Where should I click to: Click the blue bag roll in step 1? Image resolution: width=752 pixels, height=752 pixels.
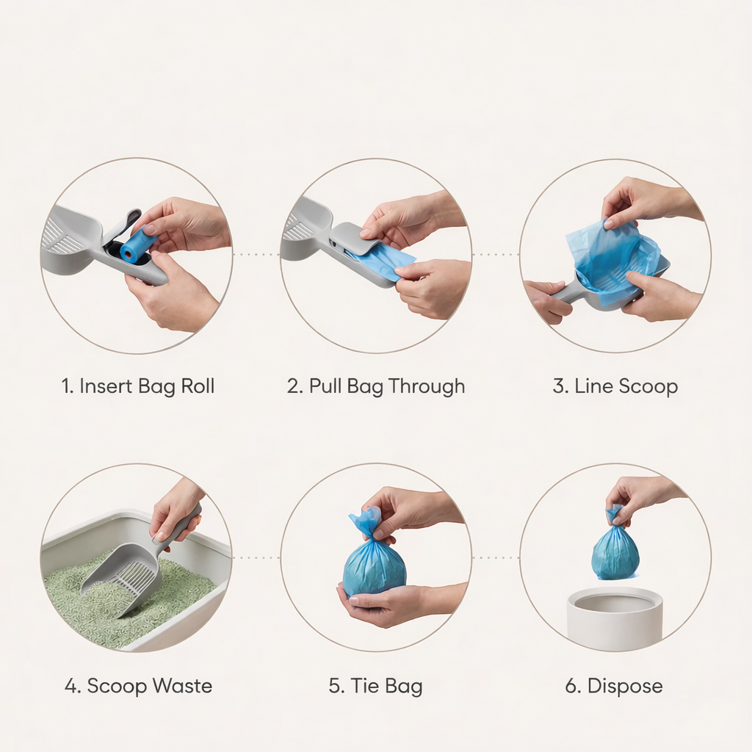pyautogui.click(x=137, y=245)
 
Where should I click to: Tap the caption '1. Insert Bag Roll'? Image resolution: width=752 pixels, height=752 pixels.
pyautogui.click(x=138, y=386)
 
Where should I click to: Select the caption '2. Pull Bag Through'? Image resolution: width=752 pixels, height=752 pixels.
pyautogui.click(x=376, y=386)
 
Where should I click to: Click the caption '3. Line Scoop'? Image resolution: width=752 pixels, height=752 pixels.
pyautogui.click(x=615, y=386)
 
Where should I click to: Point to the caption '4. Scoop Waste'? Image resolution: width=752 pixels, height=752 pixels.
pyautogui.click(x=138, y=687)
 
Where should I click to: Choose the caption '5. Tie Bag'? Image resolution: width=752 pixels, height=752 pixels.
pyautogui.click(x=376, y=687)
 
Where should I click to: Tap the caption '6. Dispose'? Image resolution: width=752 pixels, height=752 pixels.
pyautogui.click(x=614, y=687)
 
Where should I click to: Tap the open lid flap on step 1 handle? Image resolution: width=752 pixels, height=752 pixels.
pyautogui.click(x=125, y=225)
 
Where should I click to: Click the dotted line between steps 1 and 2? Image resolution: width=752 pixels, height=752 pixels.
pyautogui.click(x=256, y=255)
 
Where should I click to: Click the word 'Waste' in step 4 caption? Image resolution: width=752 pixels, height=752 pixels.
pyautogui.click(x=181, y=687)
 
